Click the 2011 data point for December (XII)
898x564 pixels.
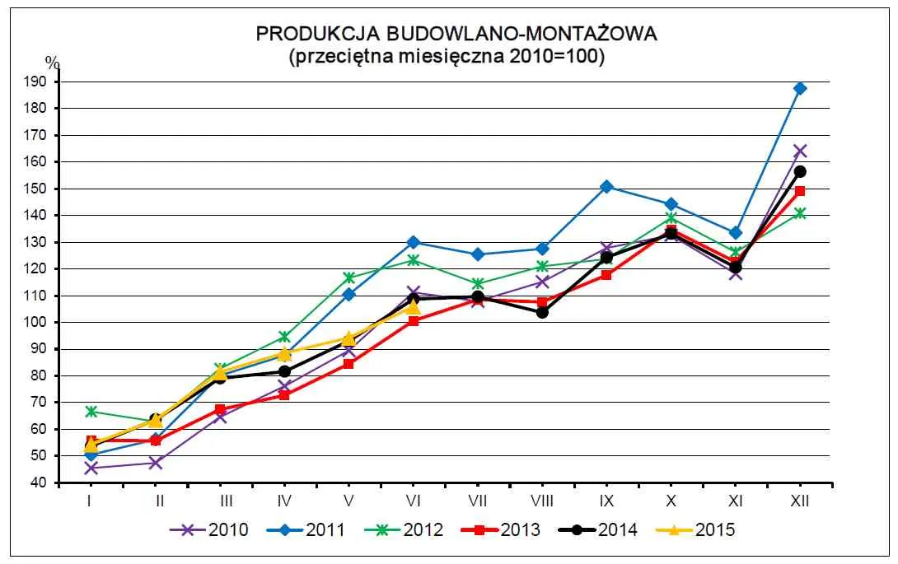click(799, 88)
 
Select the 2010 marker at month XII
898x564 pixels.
click(799, 151)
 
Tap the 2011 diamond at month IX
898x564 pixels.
click(606, 187)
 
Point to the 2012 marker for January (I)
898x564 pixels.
click(91, 411)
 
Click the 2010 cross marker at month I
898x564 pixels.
click(91, 468)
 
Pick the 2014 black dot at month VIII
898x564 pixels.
click(541, 312)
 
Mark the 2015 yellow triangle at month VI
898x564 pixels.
click(413, 307)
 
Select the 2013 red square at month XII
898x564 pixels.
click(799, 191)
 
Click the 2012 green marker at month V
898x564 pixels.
click(348, 277)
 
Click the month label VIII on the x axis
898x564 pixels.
click(541, 500)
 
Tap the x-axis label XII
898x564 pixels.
click(799, 500)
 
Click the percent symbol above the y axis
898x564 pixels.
click(52, 63)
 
